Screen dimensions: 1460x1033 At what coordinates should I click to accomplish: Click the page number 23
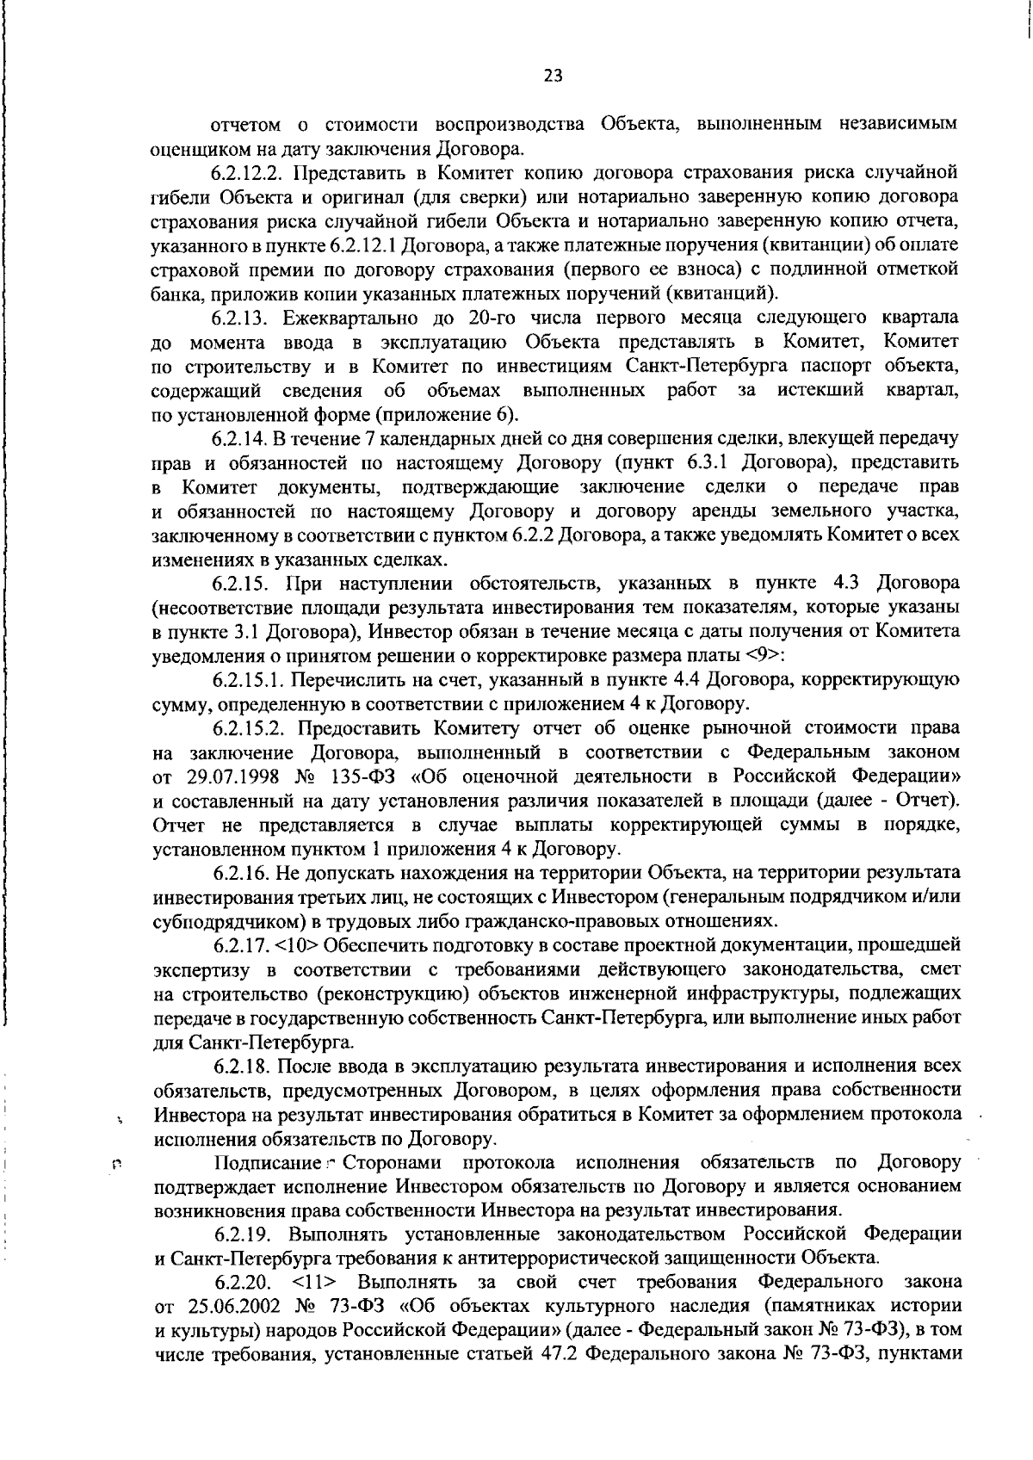[553, 76]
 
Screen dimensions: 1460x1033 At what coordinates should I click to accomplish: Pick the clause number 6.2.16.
[241, 874]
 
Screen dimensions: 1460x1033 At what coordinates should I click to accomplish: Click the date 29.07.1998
[230, 777]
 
